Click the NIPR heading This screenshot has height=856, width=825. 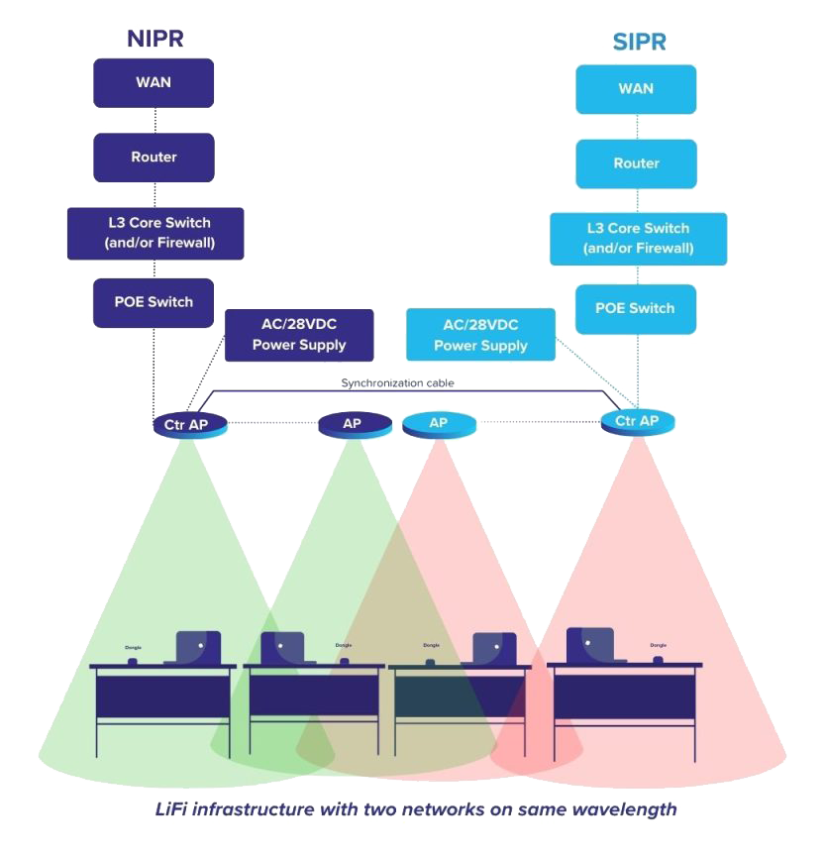click(x=155, y=39)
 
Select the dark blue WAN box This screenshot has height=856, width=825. click(x=154, y=82)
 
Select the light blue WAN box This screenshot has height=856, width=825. click(x=636, y=89)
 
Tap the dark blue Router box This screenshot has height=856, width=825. click(x=154, y=158)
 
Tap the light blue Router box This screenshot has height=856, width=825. click(x=636, y=163)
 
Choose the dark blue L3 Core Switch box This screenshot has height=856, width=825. click(x=154, y=233)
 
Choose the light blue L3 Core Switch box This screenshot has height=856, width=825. click(x=638, y=239)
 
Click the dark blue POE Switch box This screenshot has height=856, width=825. click(x=154, y=302)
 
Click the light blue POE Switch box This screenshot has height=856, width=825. click(x=636, y=308)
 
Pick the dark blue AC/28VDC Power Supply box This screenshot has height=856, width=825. click(x=299, y=336)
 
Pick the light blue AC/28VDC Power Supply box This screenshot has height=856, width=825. click(x=480, y=335)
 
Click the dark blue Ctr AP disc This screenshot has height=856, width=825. click(x=189, y=425)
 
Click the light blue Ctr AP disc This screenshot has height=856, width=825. click(x=638, y=422)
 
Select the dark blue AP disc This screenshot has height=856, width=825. click(x=352, y=425)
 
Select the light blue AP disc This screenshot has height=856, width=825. click(x=439, y=424)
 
